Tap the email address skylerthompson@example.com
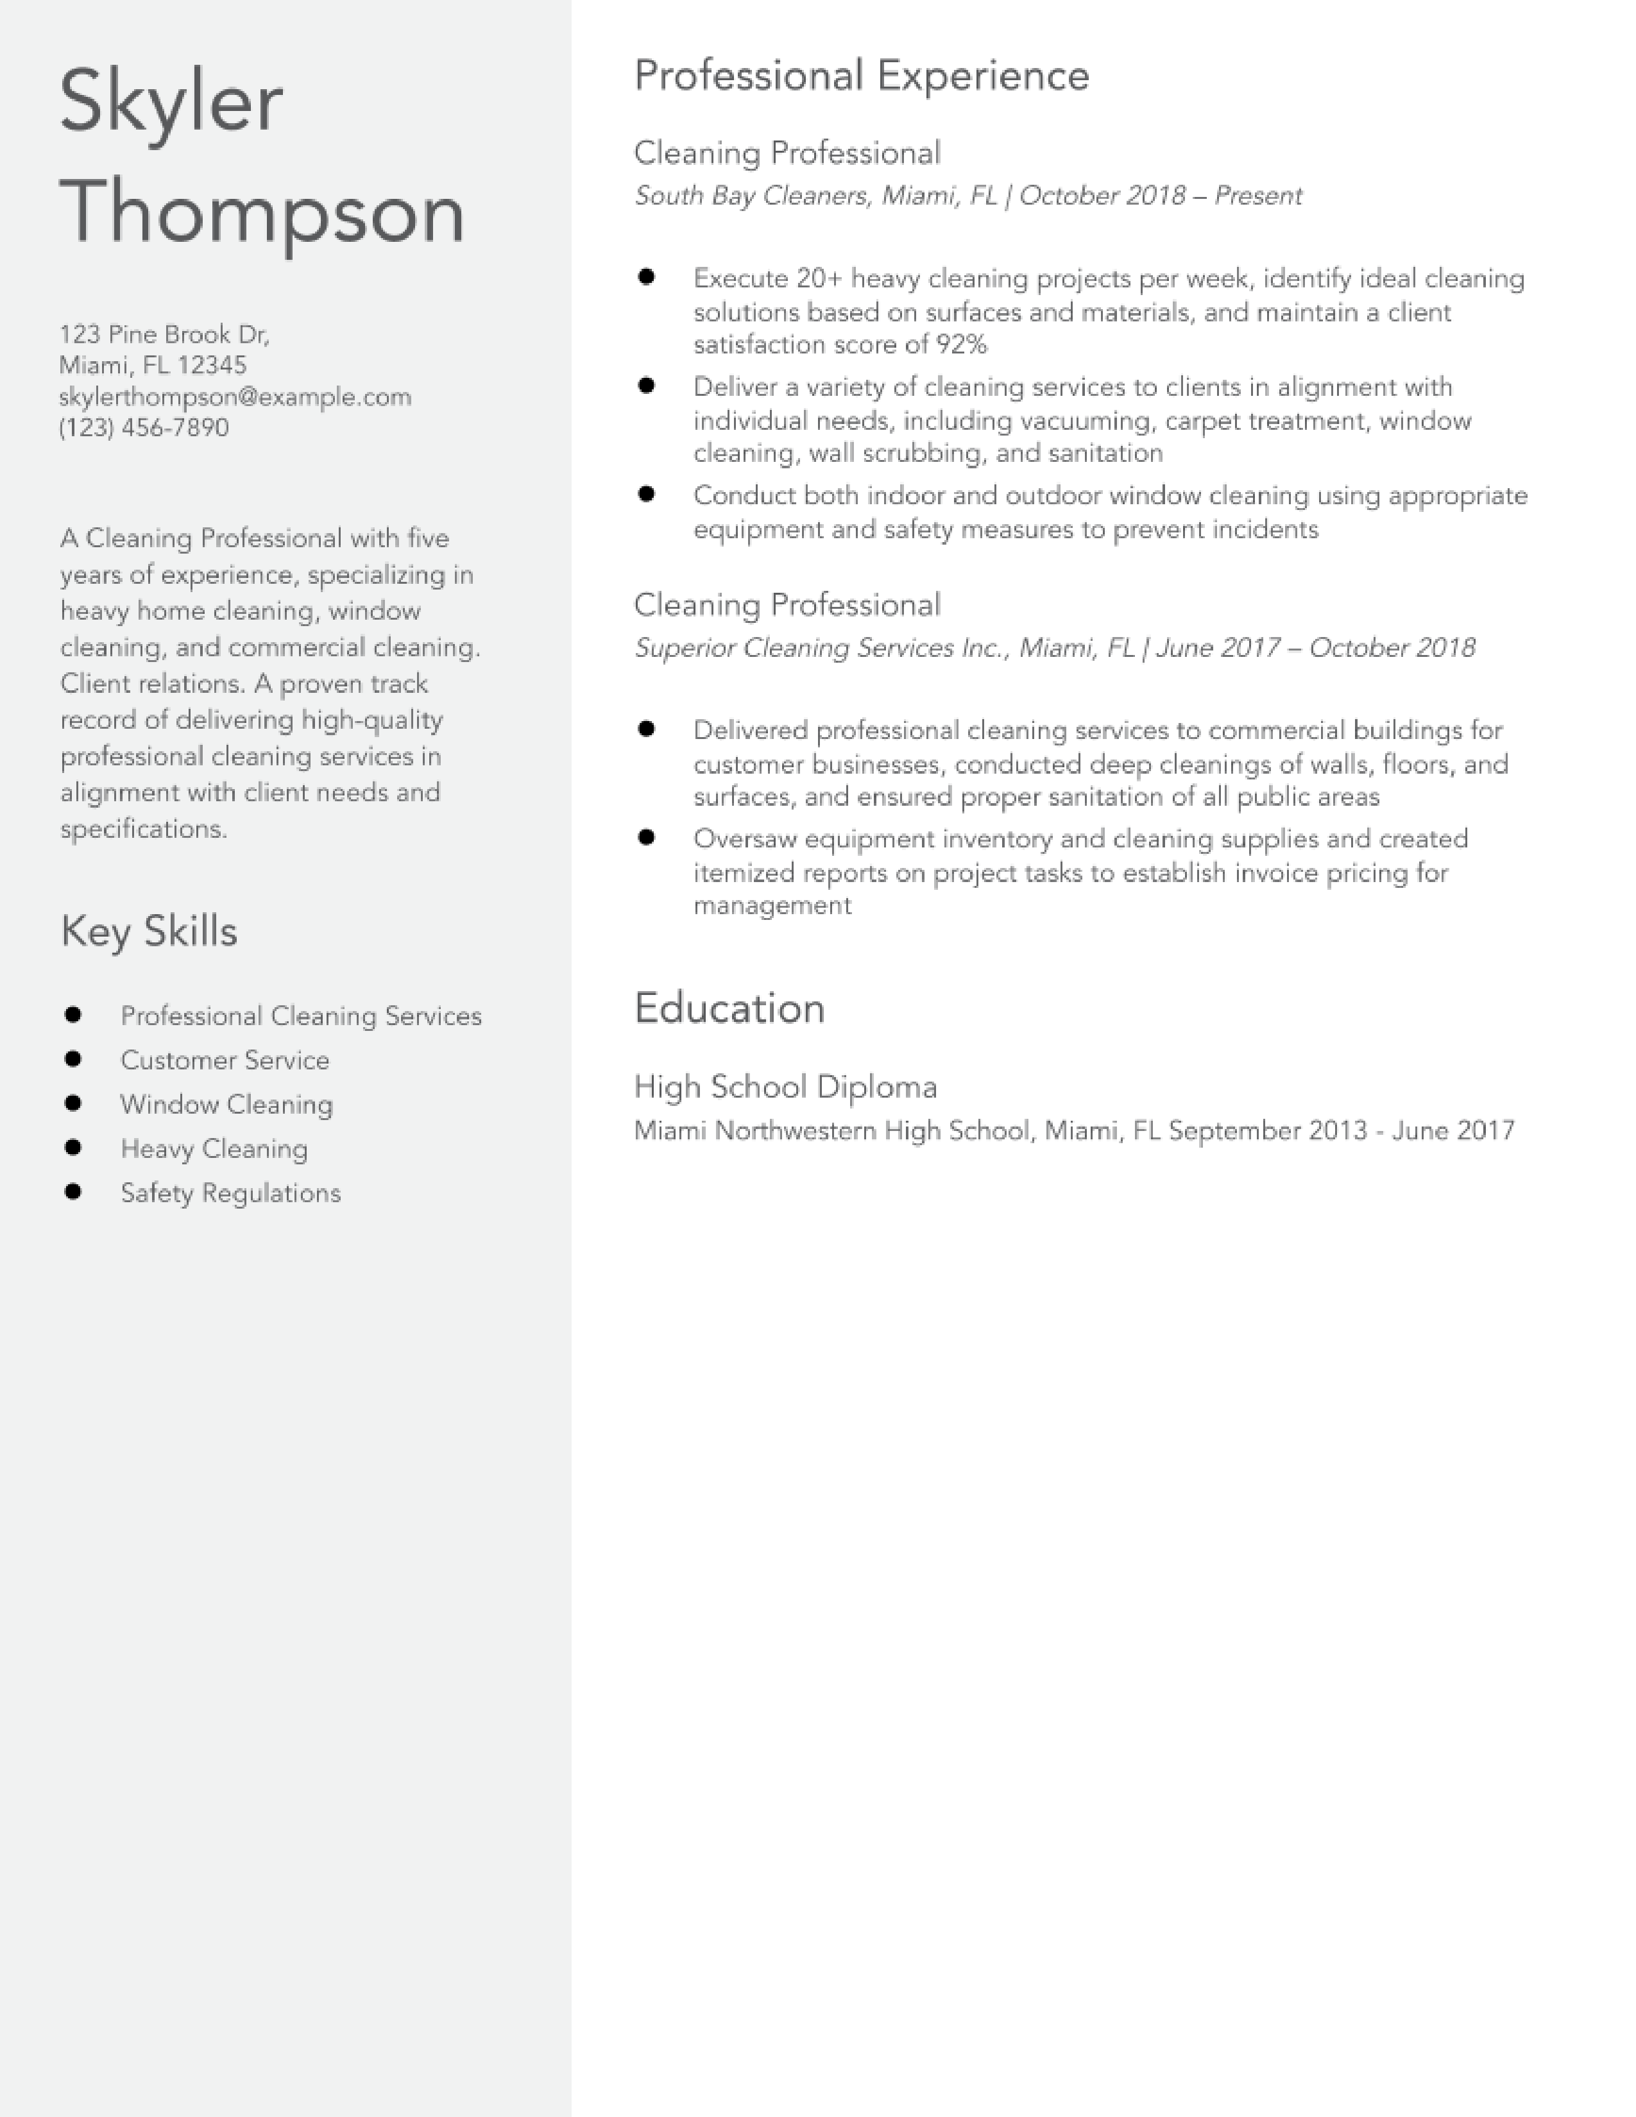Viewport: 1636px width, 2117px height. [x=235, y=396]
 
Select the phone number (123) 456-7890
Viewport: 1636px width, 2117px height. [x=144, y=427]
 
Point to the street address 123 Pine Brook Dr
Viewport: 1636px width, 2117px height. [x=164, y=334]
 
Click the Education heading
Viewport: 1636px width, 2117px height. [x=729, y=1008]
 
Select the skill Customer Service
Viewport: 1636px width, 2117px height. [x=224, y=1060]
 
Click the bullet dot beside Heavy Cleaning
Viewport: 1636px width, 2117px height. [x=72, y=1148]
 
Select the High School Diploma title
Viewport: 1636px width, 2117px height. [x=785, y=1087]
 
